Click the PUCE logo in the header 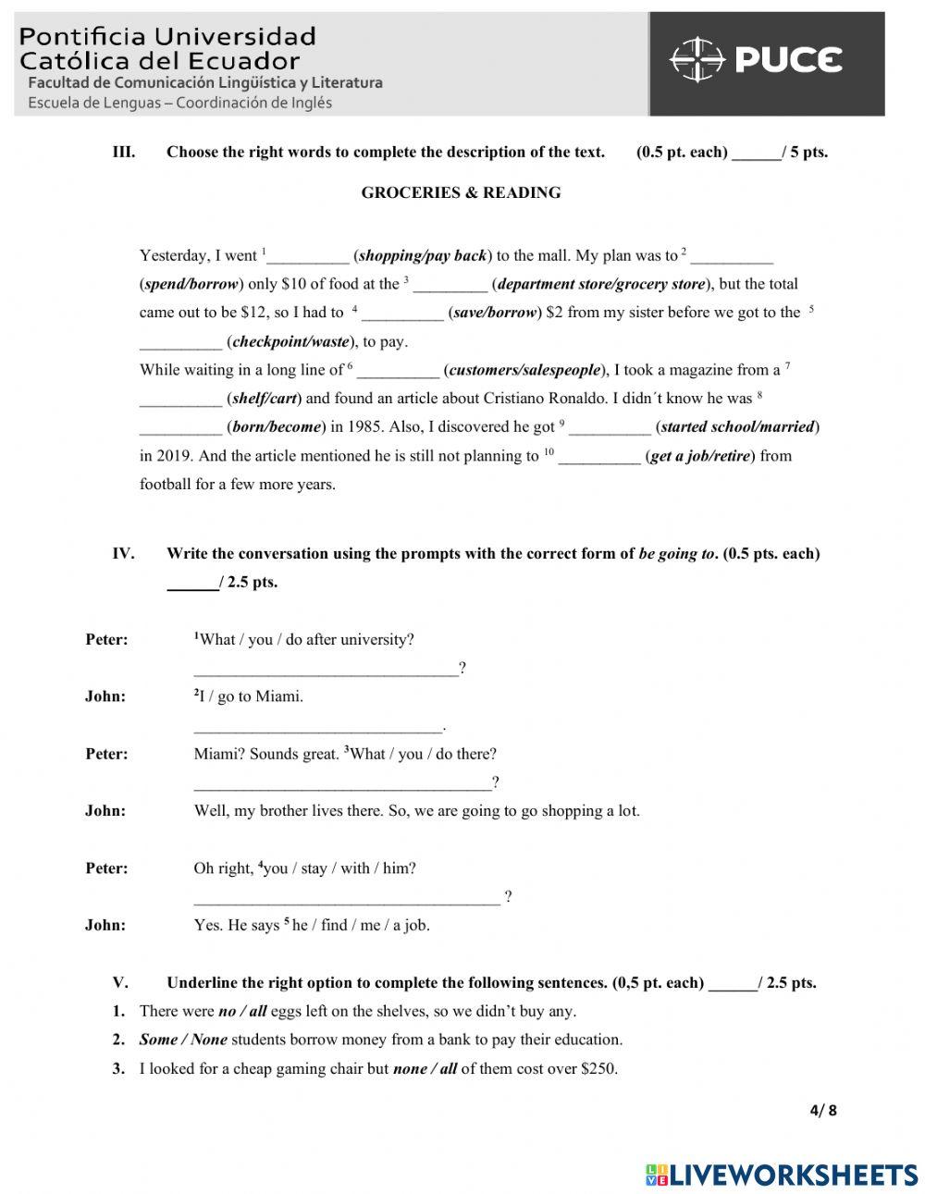tap(756, 61)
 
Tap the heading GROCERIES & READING tap(461, 193)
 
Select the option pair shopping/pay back tap(423, 256)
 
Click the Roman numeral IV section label tap(123, 554)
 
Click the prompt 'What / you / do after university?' tap(305, 640)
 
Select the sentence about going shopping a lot tap(416, 811)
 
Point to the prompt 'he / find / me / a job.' tap(361, 925)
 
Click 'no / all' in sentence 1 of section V tap(241, 1012)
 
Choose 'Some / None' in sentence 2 tap(183, 1040)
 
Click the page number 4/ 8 tap(822, 1111)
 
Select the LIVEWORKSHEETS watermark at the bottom tap(782, 1175)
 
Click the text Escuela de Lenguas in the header tap(94, 103)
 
